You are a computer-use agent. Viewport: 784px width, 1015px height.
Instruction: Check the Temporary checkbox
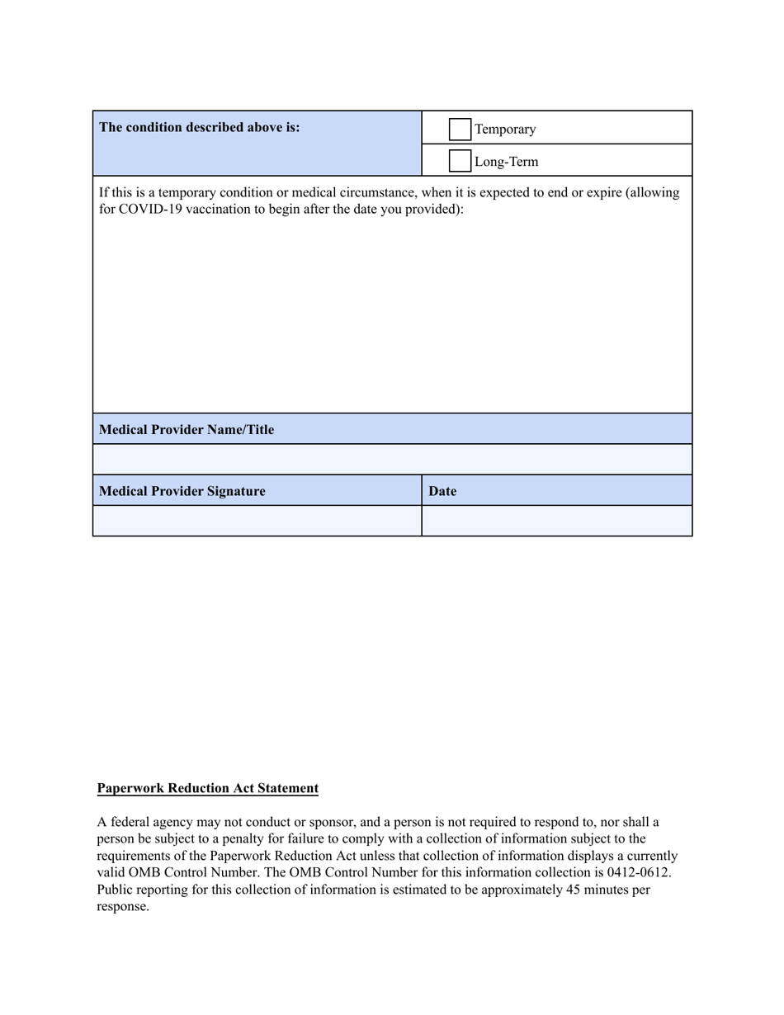(460, 130)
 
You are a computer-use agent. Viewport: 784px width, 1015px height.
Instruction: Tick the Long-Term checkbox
(460, 161)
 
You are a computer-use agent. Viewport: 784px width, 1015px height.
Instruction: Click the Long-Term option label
(507, 162)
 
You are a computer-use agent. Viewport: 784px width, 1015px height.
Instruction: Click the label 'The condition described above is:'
(200, 127)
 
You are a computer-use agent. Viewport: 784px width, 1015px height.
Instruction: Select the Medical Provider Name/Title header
(187, 429)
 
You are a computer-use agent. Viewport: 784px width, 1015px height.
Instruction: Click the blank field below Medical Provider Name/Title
(392, 459)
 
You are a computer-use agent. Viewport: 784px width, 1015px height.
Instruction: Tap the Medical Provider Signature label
(182, 491)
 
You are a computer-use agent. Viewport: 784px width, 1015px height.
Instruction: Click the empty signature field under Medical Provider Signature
(257, 521)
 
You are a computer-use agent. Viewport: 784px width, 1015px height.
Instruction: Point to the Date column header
(442, 491)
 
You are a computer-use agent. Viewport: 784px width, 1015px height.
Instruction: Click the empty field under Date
(557, 521)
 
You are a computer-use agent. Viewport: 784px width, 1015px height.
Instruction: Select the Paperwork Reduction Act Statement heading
(208, 788)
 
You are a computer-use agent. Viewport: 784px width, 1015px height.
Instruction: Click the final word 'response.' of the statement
(123, 906)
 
